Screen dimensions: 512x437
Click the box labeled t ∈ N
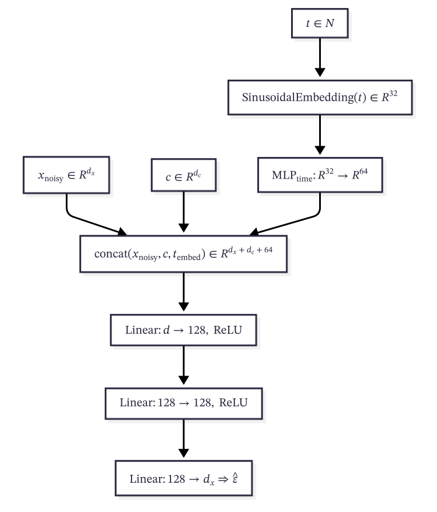tap(320, 24)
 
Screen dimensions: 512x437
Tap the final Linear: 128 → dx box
tap(184, 478)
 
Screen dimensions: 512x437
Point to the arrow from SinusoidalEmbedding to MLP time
tap(320, 134)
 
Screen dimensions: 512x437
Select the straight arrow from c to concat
tap(184, 211)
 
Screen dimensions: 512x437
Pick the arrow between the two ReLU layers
tap(184, 367)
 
